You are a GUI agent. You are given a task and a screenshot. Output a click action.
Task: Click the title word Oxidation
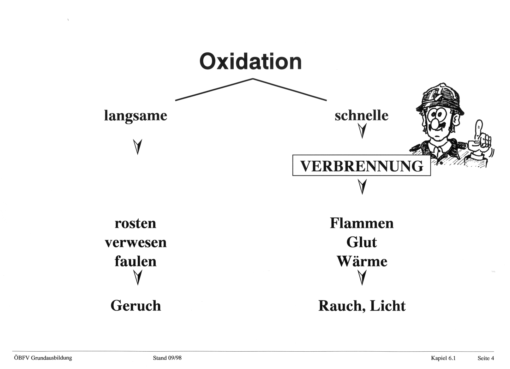(x=250, y=62)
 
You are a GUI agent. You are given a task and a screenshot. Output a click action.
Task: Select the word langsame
(x=136, y=116)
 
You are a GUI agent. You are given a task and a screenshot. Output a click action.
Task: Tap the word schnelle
(x=362, y=115)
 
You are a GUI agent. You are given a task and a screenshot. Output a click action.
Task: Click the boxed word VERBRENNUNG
(x=362, y=166)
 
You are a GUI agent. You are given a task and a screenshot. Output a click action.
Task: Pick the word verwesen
(x=136, y=242)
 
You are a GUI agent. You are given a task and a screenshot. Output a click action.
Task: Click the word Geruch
(x=136, y=306)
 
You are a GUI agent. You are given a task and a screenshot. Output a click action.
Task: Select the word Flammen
(x=362, y=223)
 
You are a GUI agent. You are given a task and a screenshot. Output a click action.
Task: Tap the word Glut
(x=362, y=242)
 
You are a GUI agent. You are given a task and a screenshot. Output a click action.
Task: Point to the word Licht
(x=388, y=306)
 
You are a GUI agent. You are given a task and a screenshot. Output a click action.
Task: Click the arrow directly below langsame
(x=137, y=147)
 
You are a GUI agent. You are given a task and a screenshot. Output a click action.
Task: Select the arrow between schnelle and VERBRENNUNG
(x=362, y=131)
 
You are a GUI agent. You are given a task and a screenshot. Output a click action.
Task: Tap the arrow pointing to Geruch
(x=137, y=277)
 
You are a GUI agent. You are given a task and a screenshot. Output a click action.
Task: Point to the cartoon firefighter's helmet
(x=440, y=99)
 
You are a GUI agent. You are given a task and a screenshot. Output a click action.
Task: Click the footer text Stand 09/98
(x=167, y=358)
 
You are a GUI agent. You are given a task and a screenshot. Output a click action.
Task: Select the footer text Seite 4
(x=486, y=358)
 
